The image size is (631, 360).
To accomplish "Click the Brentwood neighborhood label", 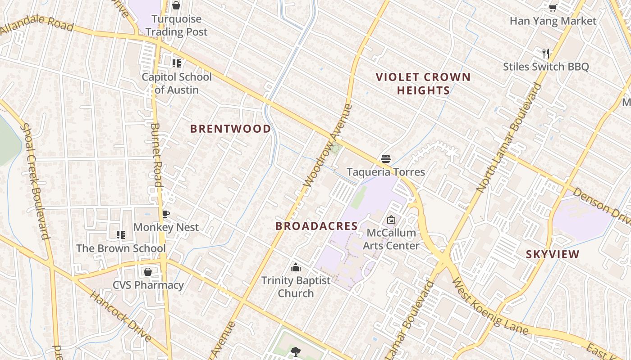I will click(x=230, y=129).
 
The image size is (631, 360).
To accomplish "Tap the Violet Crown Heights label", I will click(x=423, y=84).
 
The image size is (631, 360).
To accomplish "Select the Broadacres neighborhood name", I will click(x=316, y=226).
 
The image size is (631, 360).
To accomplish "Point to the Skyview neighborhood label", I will click(x=553, y=254).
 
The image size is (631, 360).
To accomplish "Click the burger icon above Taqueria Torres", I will click(x=385, y=159).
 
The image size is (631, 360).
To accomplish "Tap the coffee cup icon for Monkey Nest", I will click(x=166, y=214).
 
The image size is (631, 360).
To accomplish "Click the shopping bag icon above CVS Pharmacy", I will click(x=147, y=272).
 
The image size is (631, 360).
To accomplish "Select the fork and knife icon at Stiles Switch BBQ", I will click(x=546, y=54).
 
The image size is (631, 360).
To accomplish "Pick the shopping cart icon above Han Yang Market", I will click(x=553, y=8).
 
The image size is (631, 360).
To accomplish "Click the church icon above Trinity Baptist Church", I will click(x=296, y=267).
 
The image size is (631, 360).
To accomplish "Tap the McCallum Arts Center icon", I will click(x=391, y=220).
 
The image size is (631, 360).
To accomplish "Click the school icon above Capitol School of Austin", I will click(x=176, y=63).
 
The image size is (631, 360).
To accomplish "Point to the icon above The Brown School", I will click(x=120, y=235).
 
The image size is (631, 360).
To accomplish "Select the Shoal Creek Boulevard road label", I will click(x=34, y=180).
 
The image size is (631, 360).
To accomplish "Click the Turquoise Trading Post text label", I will click(x=176, y=26).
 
